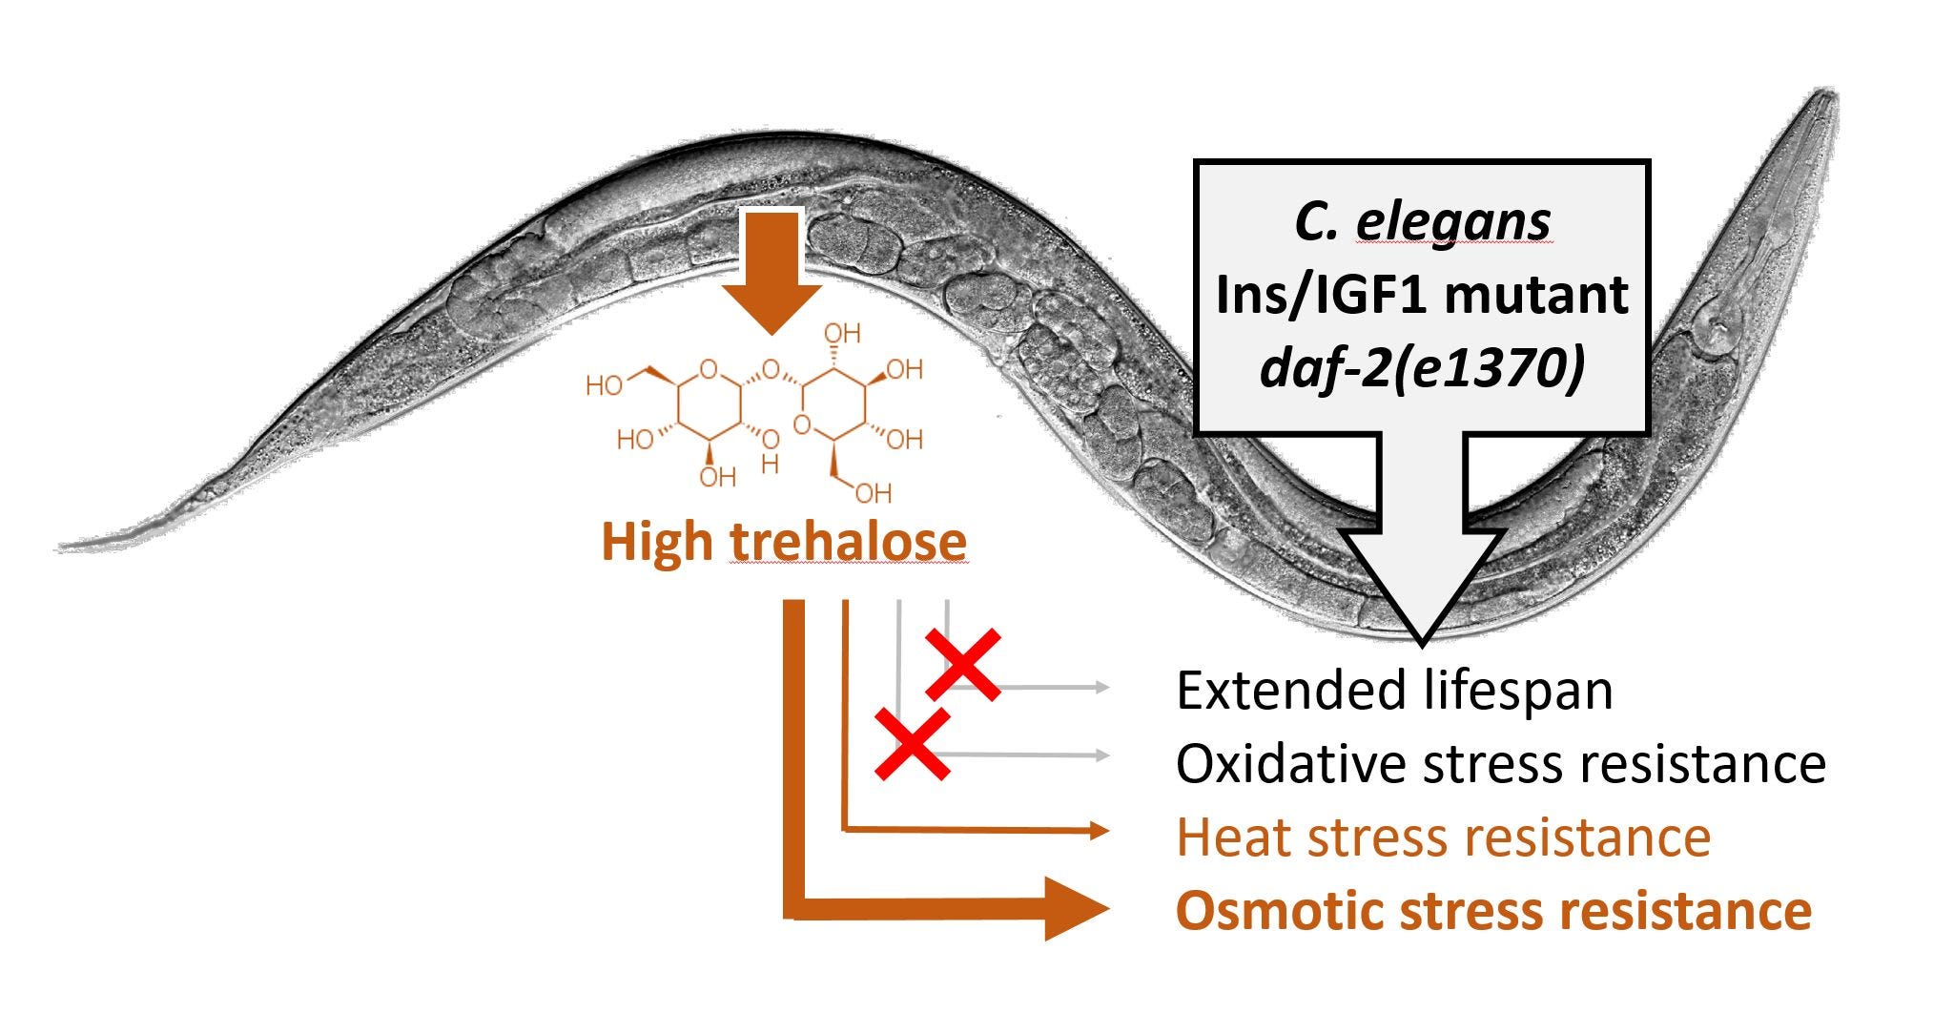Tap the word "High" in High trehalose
click(x=657, y=541)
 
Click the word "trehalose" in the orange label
click(x=849, y=541)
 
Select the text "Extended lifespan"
click(x=1394, y=690)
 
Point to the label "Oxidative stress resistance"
click(x=1501, y=763)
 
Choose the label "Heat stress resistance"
click(x=1443, y=837)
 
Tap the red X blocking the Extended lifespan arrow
click(x=963, y=664)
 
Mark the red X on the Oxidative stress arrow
click(x=913, y=744)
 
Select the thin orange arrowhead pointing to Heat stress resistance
click(x=1100, y=831)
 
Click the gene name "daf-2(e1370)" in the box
click(x=1422, y=367)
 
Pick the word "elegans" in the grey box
click(x=1453, y=222)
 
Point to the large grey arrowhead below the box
click(x=1421, y=582)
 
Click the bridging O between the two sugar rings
click(x=771, y=368)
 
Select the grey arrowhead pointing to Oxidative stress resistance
click(x=1102, y=755)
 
